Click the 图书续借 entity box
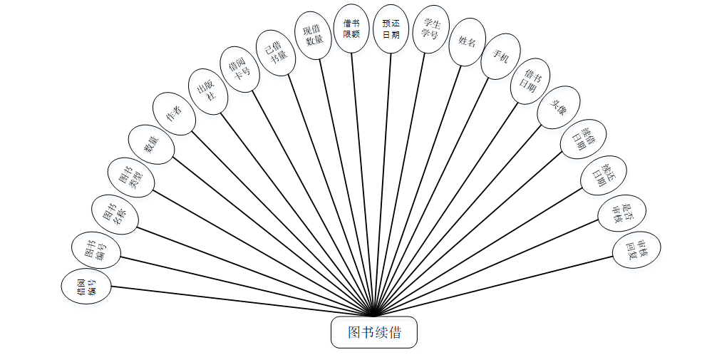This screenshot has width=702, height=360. pos(373,332)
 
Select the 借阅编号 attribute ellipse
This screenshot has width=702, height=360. pos(86,287)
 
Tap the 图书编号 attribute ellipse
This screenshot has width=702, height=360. pos(96,250)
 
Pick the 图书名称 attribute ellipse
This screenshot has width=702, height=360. pos(115,211)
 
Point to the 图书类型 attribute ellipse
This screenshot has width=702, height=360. pos(130,175)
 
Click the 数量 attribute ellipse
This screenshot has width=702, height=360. pos(150,144)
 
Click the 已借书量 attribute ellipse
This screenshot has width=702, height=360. pos(276,51)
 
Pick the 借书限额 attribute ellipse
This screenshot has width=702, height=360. pos(351,29)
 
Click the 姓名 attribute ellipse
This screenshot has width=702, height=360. pos(467,42)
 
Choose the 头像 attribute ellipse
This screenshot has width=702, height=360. pos(558,107)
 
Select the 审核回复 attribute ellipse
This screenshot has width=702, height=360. pos(636,250)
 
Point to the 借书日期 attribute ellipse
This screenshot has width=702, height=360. pos(530,81)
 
